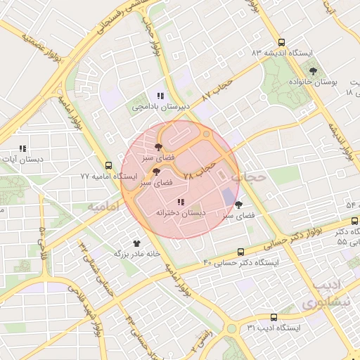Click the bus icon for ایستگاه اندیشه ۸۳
281,42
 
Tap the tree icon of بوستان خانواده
313,71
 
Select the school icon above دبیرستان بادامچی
160,96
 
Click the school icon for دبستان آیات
23,148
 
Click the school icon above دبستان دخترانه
181,202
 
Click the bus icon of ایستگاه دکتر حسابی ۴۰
241,251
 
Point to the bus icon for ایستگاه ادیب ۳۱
274,317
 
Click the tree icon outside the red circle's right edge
239,205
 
